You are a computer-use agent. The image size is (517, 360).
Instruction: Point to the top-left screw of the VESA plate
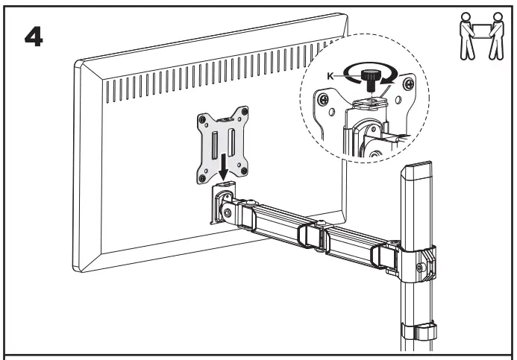pos(201,118)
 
